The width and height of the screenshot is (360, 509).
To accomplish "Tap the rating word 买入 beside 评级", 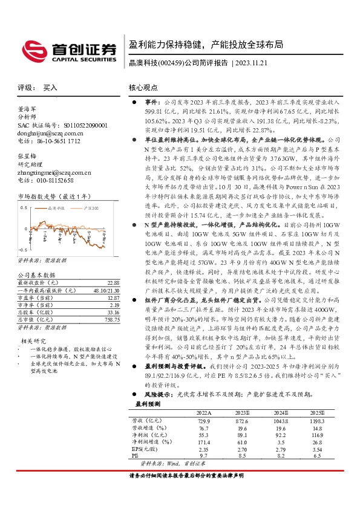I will point(50,88).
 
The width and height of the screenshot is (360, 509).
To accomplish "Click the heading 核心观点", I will point(144,88).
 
